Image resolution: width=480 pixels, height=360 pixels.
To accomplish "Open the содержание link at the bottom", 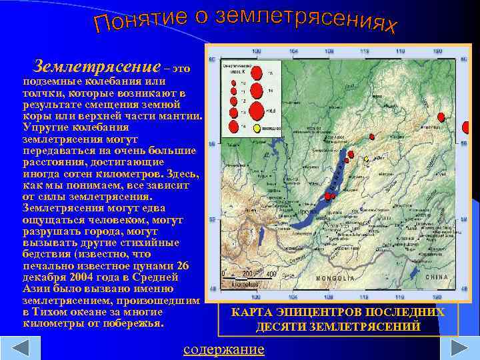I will [x=223, y=349].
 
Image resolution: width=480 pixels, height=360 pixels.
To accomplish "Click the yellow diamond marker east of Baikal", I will [x=366, y=159].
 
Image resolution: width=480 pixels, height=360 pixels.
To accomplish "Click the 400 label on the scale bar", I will [x=271, y=274].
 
